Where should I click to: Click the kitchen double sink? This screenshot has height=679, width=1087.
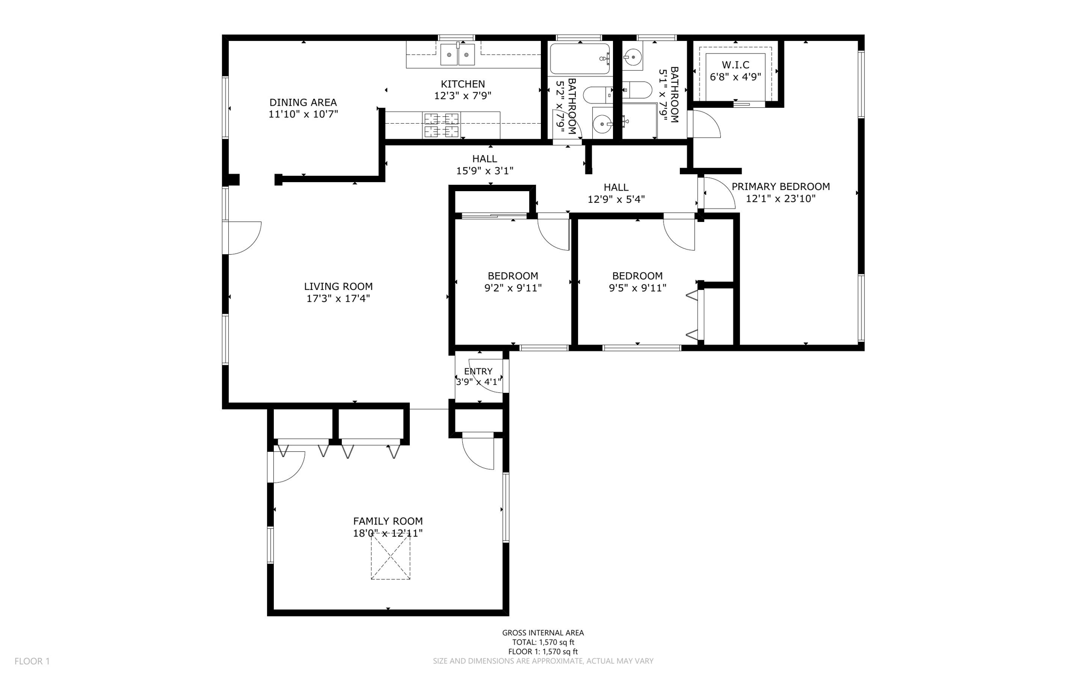click(458, 54)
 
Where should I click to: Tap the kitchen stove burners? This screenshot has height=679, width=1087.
click(441, 125)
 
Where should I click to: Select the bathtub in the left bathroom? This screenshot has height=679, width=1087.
click(580, 59)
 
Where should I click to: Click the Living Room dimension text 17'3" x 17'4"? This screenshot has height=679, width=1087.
click(338, 298)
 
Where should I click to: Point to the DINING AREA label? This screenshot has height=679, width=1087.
click(303, 102)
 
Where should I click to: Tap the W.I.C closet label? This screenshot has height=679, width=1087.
click(736, 65)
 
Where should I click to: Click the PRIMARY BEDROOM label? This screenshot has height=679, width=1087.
click(780, 186)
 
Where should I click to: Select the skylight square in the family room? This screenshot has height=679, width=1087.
click(391, 556)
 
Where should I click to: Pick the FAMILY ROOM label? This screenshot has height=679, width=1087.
click(388, 521)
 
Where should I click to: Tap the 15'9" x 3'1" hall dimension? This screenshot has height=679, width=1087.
click(485, 171)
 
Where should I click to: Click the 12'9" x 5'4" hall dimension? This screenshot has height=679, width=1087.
click(616, 200)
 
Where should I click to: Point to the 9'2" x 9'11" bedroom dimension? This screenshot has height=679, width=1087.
click(513, 288)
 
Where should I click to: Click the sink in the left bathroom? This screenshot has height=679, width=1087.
click(602, 124)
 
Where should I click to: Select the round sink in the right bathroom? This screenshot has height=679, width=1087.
click(632, 56)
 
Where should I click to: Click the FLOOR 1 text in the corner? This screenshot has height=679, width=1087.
click(32, 661)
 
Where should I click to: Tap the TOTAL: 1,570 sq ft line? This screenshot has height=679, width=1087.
click(543, 642)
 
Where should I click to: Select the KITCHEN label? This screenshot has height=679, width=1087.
click(463, 84)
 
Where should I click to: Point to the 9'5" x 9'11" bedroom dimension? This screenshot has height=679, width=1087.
click(637, 288)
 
